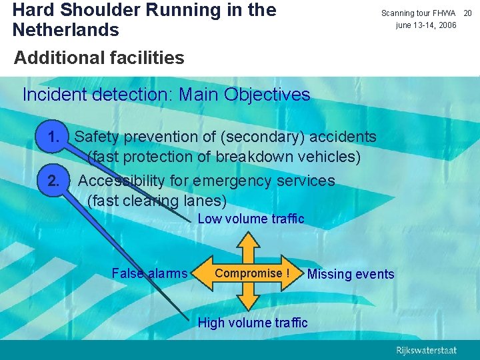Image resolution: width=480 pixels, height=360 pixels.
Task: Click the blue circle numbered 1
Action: (x=55, y=137)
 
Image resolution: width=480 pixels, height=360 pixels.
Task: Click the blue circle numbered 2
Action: (x=55, y=181)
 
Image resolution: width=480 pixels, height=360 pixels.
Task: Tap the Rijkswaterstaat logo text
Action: (x=426, y=351)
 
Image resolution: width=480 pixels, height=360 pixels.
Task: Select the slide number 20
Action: (x=467, y=13)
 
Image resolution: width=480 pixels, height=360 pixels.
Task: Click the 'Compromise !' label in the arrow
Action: (x=252, y=273)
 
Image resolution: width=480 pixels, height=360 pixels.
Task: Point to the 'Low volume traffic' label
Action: (x=251, y=219)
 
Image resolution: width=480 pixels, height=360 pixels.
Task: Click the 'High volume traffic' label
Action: (x=253, y=323)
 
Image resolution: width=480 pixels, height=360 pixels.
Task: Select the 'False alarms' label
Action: (x=149, y=273)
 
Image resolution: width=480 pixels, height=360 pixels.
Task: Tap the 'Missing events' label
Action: (x=351, y=274)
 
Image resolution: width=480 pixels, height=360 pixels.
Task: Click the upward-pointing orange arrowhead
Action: (x=248, y=239)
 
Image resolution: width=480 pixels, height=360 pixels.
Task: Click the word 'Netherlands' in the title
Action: (x=66, y=30)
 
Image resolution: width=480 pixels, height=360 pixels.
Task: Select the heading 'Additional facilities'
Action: (x=99, y=58)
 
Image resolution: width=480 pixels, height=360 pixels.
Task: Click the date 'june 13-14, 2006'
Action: (x=426, y=25)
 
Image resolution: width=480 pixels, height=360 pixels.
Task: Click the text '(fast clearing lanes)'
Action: (x=157, y=200)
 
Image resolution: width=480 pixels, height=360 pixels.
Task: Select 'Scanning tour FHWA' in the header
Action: (x=418, y=13)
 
